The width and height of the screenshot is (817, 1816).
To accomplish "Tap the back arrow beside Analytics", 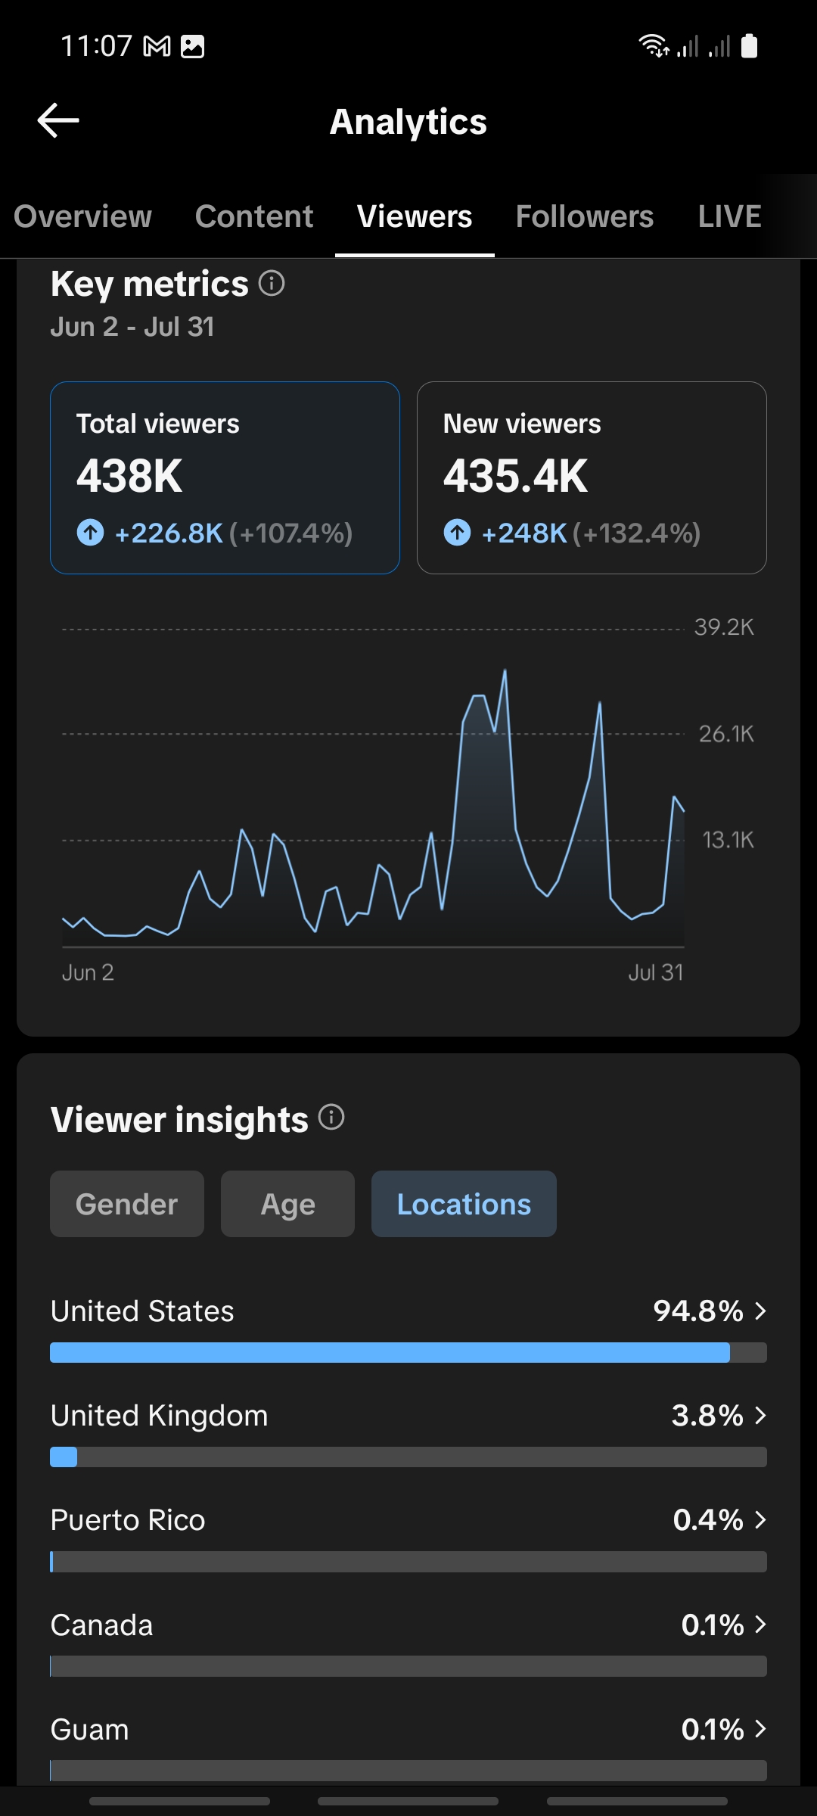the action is pyautogui.click(x=58, y=120).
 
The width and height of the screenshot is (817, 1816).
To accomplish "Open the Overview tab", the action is pyautogui.click(x=82, y=216).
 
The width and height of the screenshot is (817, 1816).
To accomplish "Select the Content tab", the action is pyautogui.click(x=254, y=216).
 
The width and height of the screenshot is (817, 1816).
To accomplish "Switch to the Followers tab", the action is pyautogui.click(x=585, y=216).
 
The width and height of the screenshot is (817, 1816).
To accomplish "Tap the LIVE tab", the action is pyautogui.click(x=729, y=216).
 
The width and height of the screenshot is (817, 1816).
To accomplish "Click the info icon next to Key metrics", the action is pyautogui.click(x=272, y=283).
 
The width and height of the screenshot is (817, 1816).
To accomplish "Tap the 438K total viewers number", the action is pyautogui.click(x=129, y=476).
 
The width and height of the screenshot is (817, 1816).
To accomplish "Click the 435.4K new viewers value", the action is pyautogui.click(x=515, y=476).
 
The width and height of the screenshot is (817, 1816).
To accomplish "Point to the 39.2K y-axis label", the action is pyautogui.click(x=724, y=627).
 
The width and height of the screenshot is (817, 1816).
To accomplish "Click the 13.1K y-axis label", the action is pyautogui.click(x=728, y=840).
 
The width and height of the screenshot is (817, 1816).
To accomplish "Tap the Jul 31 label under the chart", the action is pyautogui.click(x=656, y=972).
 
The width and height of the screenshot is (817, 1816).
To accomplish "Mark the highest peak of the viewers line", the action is pyautogui.click(x=505, y=670).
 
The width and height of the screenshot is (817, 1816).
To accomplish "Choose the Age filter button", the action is pyautogui.click(x=287, y=1204).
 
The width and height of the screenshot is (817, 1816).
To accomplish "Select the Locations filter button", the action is pyautogui.click(x=464, y=1204).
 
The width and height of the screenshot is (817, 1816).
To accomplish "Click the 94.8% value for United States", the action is pyautogui.click(x=698, y=1311).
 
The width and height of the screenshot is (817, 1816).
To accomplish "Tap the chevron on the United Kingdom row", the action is pyautogui.click(x=760, y=1415).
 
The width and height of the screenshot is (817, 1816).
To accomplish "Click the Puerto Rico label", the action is pyautogui.click(x=128, y=1520).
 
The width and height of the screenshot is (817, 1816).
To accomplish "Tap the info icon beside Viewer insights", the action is pyautogui.click(x=331, y=1117).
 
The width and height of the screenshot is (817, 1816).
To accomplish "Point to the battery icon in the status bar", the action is pyautogui.click(x=749, y=46).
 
